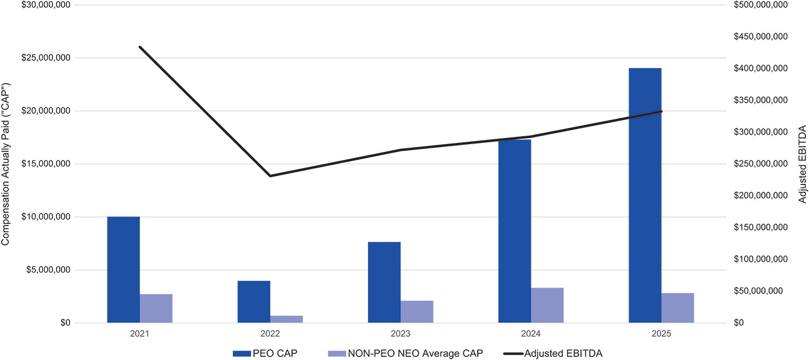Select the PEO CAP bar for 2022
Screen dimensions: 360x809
tap(254, 302)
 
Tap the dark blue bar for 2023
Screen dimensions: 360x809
tap(384, 282)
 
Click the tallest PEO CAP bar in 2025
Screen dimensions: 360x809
tap(645, 195)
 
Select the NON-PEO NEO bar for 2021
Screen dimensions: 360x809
tap(156, 308)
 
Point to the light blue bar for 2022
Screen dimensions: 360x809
tap(287, 319)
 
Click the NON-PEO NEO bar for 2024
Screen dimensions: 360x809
tap(547, 305)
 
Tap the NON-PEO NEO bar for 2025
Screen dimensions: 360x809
tap(677, 308)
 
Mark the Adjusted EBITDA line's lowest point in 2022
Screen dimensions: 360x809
tap(270, 176)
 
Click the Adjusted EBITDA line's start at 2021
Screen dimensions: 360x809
tap(140, 47)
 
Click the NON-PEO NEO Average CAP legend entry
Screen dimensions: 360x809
tap(405, 353)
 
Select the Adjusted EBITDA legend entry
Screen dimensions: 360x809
tap(553, 353)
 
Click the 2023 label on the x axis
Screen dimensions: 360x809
tap(401, 333)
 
